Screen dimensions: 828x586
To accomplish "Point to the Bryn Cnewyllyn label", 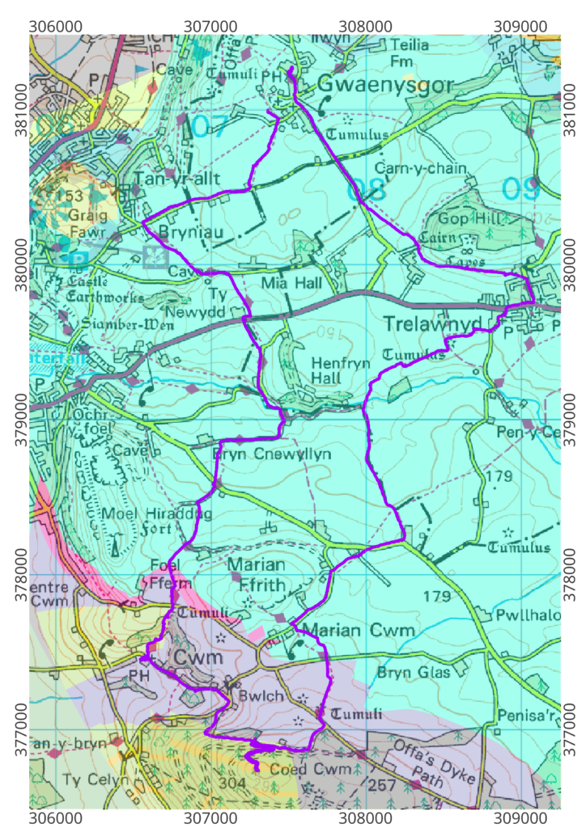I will coord(272,454).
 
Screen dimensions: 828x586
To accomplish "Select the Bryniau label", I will coord(191,233).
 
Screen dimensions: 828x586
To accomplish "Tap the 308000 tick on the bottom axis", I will coord(367,817).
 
